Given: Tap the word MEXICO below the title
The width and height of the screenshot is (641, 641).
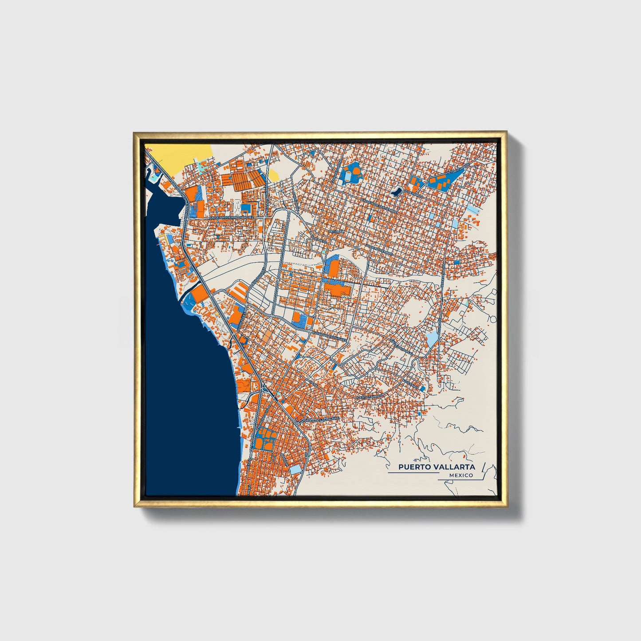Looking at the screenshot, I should (x=461, y=476).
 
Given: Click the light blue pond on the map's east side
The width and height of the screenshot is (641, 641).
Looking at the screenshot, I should (x=431, y=339).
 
